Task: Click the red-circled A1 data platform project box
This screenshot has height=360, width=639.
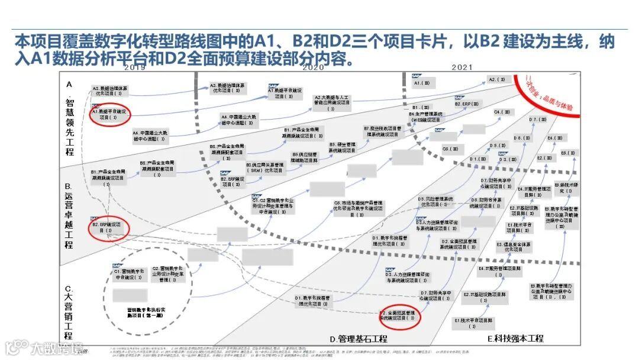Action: click(110, 114)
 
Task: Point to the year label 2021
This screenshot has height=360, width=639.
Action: click(462, 67)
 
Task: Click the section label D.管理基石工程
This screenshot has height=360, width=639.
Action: click(359, 339)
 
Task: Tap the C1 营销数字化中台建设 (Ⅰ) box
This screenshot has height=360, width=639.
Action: click(128, 274)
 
